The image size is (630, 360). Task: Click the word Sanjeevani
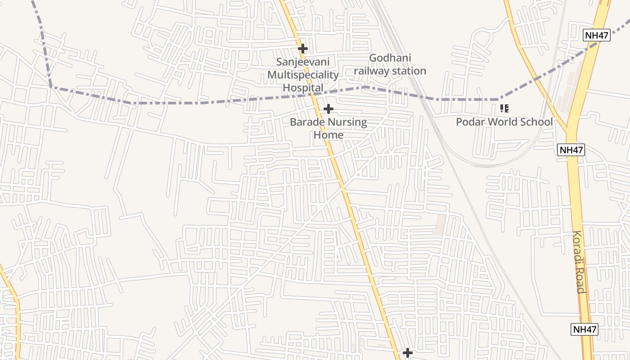coord(303,62)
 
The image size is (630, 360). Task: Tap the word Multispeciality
coord(303,75)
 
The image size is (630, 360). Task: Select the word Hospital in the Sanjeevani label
coord(303,88)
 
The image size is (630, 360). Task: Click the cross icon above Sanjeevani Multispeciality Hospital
coord(303,48)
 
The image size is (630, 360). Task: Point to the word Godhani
coord(390,58)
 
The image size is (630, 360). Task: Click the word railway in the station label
coord(371,71)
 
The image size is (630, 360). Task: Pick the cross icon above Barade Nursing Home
coord(328,109)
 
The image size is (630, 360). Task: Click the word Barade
coord(307,122)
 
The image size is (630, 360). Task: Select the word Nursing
coord(347,122)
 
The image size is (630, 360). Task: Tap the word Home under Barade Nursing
coord(328,135)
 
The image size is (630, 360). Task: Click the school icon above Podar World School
coord(504,108)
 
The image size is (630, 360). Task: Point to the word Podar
coord(470,122)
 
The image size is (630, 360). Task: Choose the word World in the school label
coord(503,122)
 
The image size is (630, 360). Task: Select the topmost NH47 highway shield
coord(597,36)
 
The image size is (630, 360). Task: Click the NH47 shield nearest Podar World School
coord(571,150)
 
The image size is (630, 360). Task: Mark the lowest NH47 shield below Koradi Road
coord(585,329)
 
